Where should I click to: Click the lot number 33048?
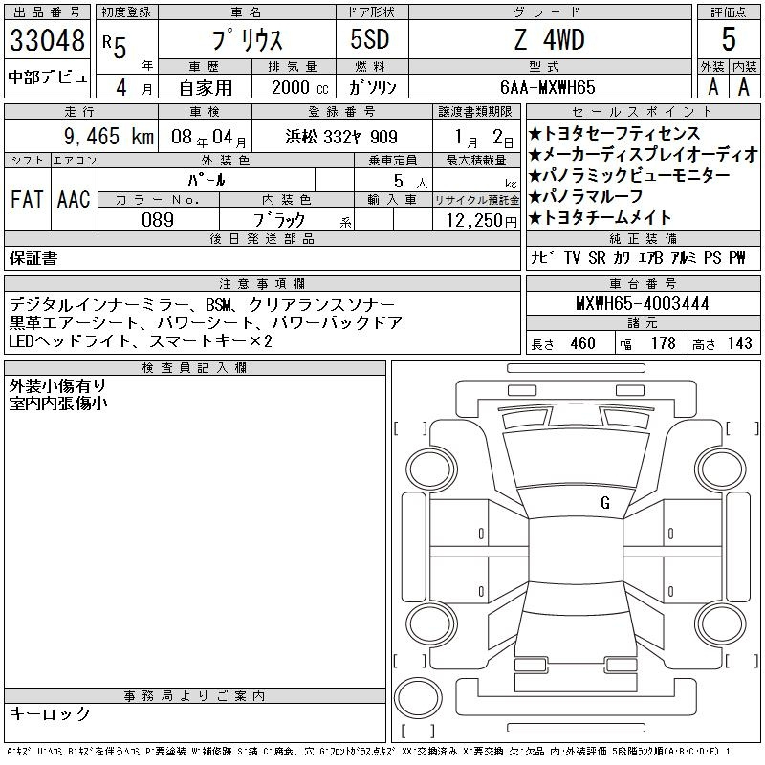click(47, 41)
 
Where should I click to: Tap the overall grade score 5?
click(729, 39)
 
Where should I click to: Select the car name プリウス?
click(245, 40)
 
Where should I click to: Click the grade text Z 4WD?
click(549, 40)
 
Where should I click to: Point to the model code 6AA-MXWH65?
click(549, 86)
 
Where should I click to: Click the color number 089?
click(158, 219)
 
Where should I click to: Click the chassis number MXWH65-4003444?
click(642, 304)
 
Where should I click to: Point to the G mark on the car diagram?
click(604, 502)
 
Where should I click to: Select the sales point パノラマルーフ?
click(592, 197)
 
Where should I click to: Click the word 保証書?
click(33, 258)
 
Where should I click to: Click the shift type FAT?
click(26, 199)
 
